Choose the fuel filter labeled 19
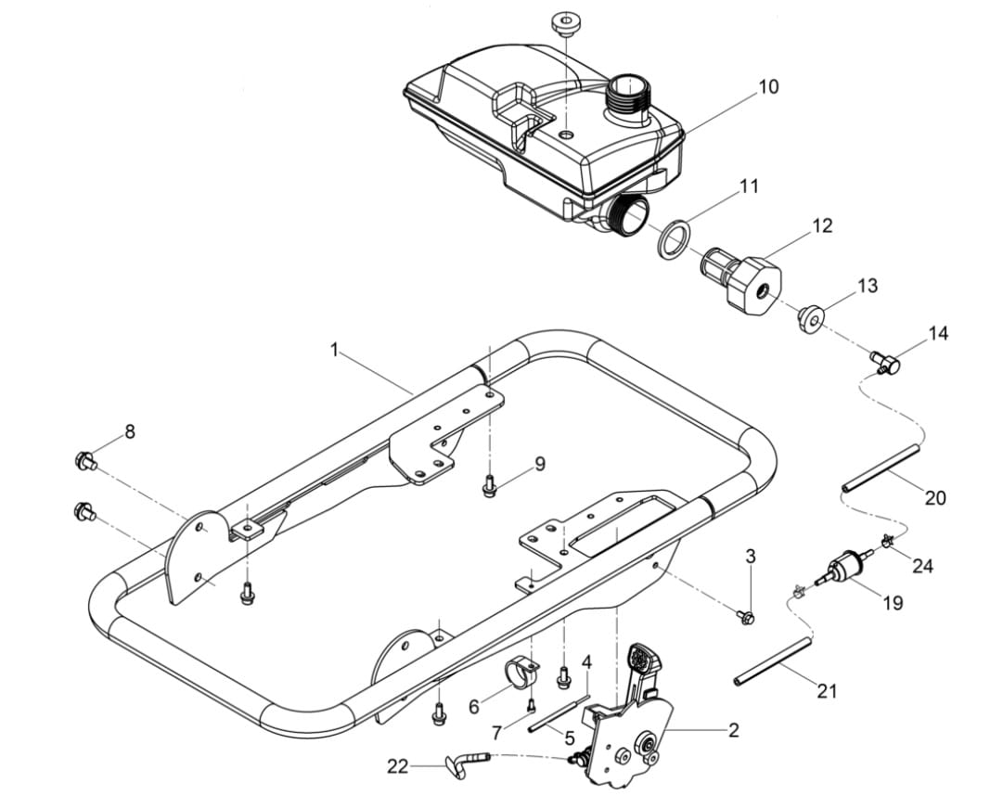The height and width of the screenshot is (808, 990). (x=845, y=568)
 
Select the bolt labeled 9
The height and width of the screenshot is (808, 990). (x=489, y=483)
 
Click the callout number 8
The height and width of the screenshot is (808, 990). (x=130, y=431)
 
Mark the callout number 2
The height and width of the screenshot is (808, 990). (x=733, y=731)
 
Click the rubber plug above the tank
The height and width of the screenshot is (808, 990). (x=563, y=23)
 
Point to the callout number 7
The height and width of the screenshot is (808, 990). (x=497, y=733)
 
